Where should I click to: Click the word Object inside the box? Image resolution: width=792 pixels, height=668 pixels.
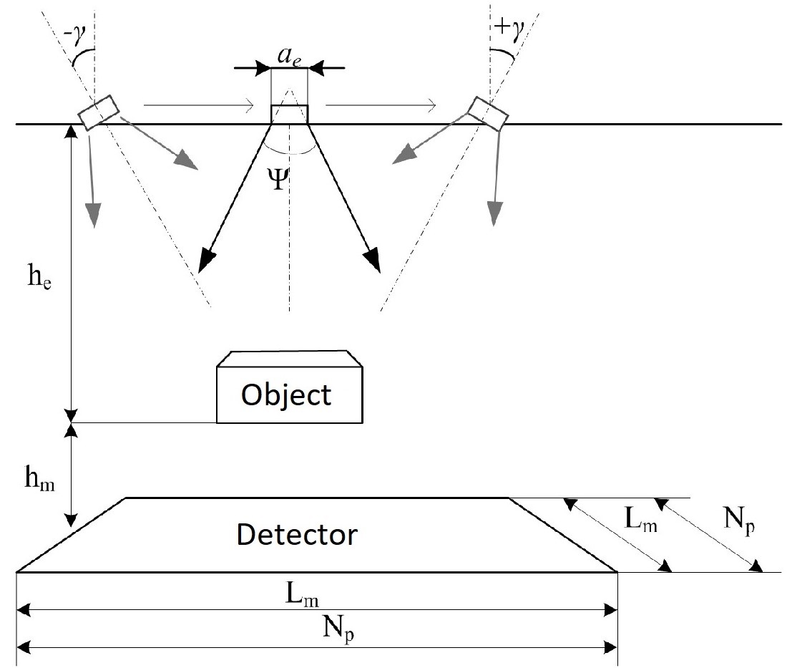click(x=286, y=394)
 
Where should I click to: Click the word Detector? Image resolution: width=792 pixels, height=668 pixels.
click(x=297, y=534)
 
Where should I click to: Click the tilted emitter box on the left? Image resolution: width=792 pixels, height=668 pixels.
click(x=99, y=113)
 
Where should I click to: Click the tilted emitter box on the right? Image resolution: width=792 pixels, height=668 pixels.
click(x=489, y=113)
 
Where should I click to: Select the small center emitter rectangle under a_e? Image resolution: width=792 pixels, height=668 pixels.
click(x=289, y=114)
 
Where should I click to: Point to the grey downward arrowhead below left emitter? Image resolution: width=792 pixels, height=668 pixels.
click(x=93, y=213)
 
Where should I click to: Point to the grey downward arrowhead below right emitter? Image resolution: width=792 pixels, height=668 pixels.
click(x=493, y=213)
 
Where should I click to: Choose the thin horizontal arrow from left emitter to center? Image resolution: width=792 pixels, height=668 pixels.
click(x=198, y=106)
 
